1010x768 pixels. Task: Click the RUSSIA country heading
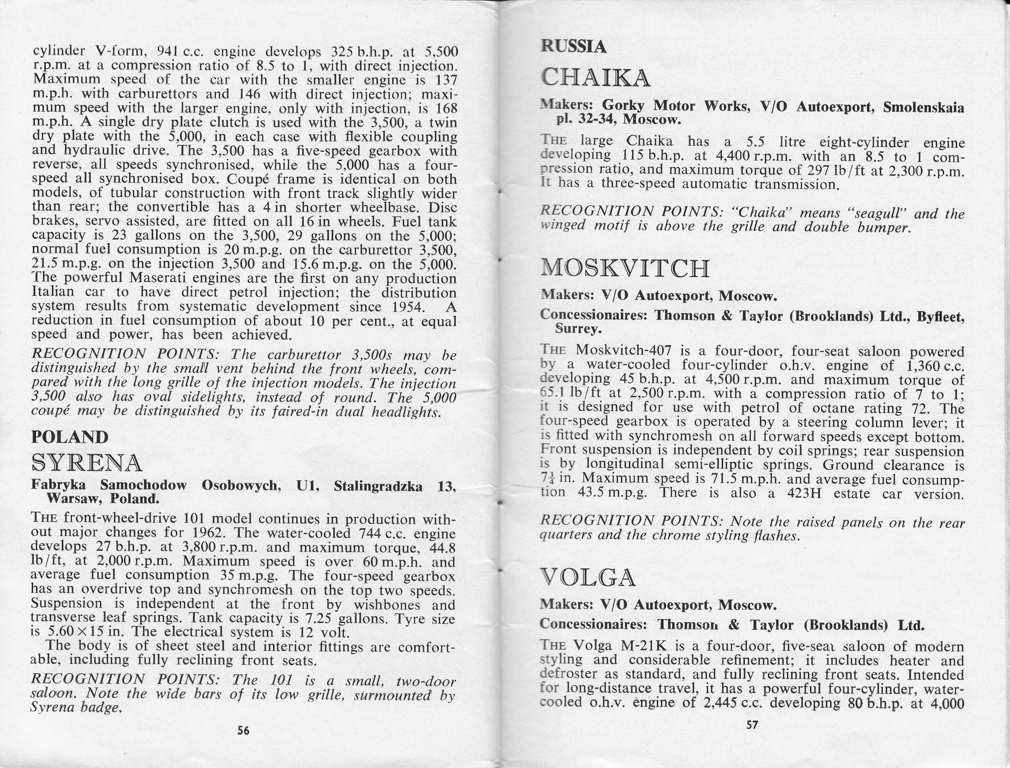click(574, 46)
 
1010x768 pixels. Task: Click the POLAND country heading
click(70, 437)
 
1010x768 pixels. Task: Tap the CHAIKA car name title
click(595, 78)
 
